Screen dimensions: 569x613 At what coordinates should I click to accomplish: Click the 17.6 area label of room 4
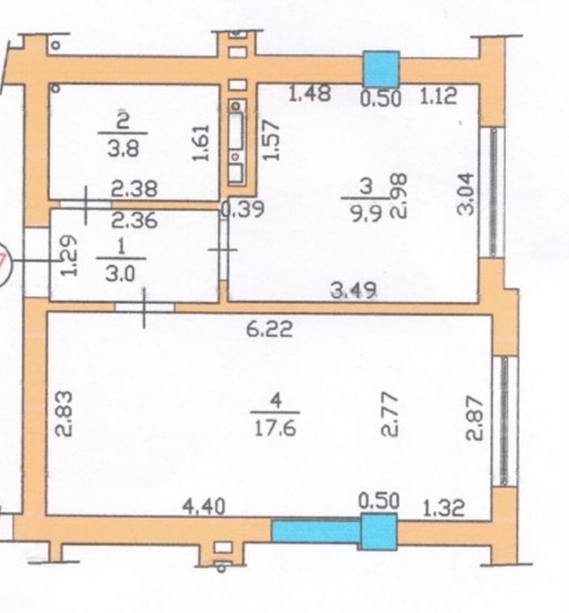click(x=275, y=428)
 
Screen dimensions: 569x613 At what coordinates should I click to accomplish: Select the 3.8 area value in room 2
click(x=123, y=149)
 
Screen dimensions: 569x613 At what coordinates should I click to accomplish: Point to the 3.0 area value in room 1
click(x=121, y=274)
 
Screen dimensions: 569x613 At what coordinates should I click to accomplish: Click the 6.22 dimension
click(x=269, y=329)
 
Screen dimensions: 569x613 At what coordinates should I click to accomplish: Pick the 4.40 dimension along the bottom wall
click(x=204, y=507)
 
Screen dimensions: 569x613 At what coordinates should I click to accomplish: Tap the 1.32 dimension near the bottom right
click(x=443, y=508)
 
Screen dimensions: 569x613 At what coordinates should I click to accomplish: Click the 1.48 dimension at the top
click(x=309, y=93)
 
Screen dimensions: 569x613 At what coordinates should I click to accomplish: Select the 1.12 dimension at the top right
click(x=438, y=96)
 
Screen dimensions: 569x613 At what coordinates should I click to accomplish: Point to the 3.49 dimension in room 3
click(x=354, y=290)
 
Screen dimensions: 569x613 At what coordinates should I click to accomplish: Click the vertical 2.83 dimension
click(x=63, y=414)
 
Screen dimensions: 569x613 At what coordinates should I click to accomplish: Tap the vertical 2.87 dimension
click(x=475, y=418)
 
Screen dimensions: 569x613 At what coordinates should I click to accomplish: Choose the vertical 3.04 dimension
click(x=466, y=194)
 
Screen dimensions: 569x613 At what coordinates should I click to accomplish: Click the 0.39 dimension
click(x=244, y=209)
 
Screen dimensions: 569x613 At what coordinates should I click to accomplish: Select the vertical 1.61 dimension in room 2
click(x=202, y=142)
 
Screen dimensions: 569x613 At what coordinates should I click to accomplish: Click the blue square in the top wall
click(x=381, y=69)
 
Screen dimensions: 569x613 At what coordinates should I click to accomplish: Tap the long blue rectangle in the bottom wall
click(x=316, y=531)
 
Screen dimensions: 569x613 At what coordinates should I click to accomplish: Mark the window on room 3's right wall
click(x=493, y=192)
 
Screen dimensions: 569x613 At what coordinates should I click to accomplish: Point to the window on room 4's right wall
click(x=504, y=420)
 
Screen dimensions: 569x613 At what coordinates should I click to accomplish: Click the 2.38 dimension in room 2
click(x=134, y=189)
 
